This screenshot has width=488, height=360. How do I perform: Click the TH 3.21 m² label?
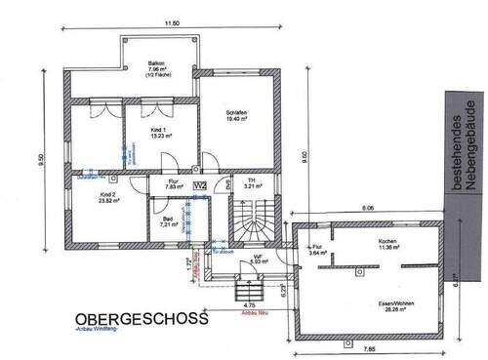click(248, 182)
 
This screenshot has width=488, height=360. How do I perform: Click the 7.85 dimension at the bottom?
click(370, 348)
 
